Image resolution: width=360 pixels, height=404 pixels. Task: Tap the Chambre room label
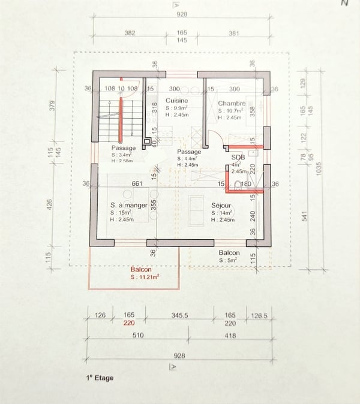(232, 103)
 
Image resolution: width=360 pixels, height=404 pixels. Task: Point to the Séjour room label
(222, 205)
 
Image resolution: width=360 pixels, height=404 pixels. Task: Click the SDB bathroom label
(238, 158)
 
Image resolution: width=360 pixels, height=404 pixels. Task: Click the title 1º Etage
(99, 378)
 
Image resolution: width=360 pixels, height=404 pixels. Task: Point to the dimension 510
(137, 336)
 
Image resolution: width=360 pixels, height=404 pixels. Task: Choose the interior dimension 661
(137, 183)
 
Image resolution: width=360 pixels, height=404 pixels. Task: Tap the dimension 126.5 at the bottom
(259, 314)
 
